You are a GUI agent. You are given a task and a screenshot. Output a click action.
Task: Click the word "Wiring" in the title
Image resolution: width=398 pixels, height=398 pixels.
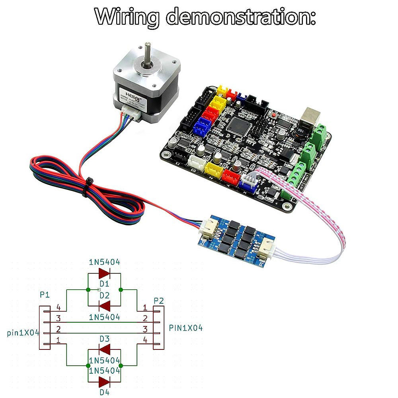tap(126, 17)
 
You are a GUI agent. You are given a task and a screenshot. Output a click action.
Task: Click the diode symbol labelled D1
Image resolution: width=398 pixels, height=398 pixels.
tap(104, 273)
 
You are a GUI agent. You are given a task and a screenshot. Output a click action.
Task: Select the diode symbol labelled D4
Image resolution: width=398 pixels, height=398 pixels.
tap(104, 382)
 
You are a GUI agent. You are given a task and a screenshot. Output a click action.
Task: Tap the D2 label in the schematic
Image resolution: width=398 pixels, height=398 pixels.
tap(104, 295)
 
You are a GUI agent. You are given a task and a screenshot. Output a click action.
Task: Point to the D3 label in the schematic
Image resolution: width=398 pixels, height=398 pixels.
tap(104, 339)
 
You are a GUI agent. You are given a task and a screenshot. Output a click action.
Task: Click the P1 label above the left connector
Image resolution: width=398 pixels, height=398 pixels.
tap(45, 295)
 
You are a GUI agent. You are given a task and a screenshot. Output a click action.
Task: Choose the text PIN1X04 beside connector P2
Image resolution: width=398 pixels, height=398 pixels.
tap(186, 328)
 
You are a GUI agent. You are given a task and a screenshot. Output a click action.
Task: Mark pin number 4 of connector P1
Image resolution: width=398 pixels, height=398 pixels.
tap(59, 307)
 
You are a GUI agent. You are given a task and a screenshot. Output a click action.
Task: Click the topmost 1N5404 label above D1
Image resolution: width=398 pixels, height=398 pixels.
tap(104, 262)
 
